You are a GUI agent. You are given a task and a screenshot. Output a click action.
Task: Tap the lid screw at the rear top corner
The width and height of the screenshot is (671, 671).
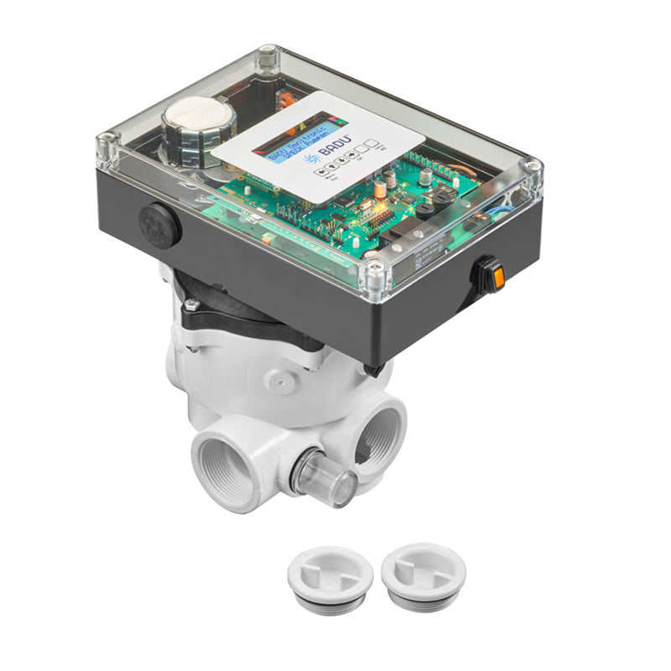click(266, 57)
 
